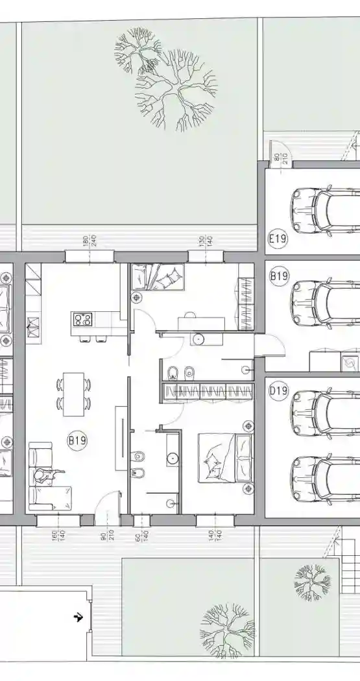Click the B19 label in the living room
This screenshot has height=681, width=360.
(x=77, y=440)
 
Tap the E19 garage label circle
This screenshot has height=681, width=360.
(x=278, y=239)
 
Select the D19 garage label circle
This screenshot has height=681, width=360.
(x=278, y=391)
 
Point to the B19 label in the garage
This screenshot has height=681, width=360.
(x=279, y=276)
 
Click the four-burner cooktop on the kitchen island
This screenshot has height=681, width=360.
(x=83, y=320)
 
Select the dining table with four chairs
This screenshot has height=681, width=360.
(x=73, y=394)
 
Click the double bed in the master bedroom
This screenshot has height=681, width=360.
(x=225, y=458)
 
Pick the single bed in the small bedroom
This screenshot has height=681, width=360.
(x=158, y=276)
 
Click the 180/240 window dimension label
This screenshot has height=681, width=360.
(x=90, y=241)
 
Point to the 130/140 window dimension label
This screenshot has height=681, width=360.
(x=205, y=241)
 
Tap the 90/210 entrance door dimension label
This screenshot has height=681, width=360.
(x=107, y=534)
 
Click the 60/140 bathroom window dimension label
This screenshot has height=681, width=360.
(x=141, y=534)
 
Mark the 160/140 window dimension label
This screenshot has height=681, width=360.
(x=58, y=534)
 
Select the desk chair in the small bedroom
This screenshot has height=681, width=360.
(x=190, y=315)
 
